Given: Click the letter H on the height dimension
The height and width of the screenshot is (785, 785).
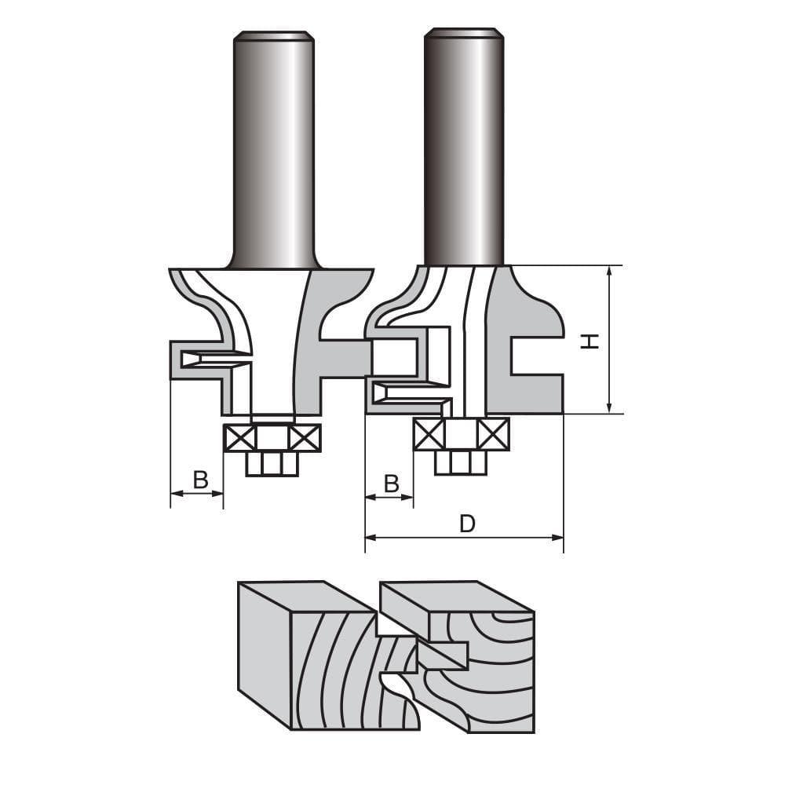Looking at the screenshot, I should pyautogui.click(x=590, y=340).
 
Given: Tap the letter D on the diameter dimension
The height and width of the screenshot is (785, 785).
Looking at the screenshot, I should pyautogui.click(x=467, y=524).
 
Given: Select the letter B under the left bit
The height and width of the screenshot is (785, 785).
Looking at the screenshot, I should pyautogui.click(x=200, y=480).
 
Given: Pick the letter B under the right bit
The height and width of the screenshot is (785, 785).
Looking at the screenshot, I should pyautogui.click(x=391, y=484).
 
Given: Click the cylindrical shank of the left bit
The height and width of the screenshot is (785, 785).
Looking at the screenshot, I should pyautogui.click(x=274, y=149).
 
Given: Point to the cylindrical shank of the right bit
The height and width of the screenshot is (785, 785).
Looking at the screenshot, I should pyautogui.click(x=464, y=145).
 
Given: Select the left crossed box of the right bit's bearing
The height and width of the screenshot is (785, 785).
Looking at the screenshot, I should pyautogui.click(x=429, y=434).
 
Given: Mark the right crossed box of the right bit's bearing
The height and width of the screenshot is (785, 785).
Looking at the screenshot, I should pyautogui.click(x=494, y=434).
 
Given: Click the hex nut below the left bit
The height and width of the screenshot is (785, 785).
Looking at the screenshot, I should pyautogui.click(x=272, y=463).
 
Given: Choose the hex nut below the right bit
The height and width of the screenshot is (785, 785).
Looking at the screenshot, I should pyautogui.click(x=461, y=462).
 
